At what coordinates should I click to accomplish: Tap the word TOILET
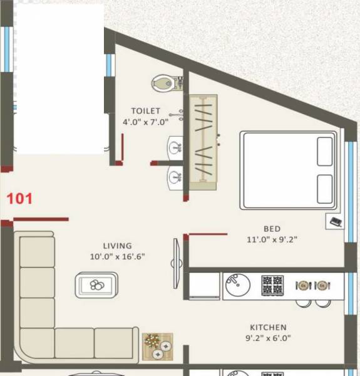point(145,111)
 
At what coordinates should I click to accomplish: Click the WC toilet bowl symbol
point(163,82)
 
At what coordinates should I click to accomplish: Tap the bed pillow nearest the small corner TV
point(325,189)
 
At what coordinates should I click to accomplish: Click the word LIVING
point(118,246)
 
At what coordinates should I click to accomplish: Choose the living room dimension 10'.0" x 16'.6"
point(118,256)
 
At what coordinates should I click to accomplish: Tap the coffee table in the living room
point(97,285)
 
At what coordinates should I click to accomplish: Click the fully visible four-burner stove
point(272,285)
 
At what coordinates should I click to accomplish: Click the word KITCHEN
point(268,328)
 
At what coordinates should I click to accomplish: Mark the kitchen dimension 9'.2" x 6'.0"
point(268,338)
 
